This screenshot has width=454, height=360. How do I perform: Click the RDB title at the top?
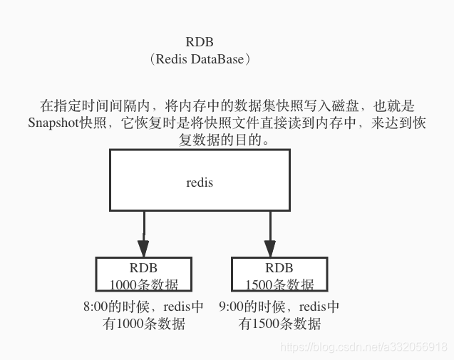(x=199, y=43)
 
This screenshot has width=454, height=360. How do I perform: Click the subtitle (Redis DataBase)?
(x=200, y=59)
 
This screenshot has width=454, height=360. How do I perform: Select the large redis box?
(x=199, y=180)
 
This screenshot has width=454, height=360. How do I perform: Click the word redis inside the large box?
(x=200, y=182)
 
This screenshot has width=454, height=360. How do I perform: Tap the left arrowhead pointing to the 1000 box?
(x=143, y=248)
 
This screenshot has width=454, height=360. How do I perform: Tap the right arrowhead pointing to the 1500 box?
(x=269, y=248)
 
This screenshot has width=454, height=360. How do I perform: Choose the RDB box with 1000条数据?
(x=143, y=274)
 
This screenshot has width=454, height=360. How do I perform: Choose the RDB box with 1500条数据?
(x=279, y=274)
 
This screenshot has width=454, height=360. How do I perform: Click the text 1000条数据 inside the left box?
(x=143, y=284)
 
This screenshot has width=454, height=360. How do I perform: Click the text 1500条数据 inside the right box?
(x=279, y=284)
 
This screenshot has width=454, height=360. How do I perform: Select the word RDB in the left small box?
(x=143, y=269)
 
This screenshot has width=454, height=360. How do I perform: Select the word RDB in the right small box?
(x=279, y=269)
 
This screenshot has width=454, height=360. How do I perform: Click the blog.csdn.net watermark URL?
(x=363, y=347)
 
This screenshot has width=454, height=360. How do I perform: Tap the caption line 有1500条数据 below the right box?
(x=279, y=324)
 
